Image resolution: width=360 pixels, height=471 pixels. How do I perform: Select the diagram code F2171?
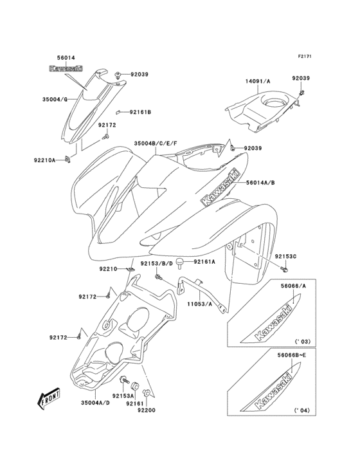305,57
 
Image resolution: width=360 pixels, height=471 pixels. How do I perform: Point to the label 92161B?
140,113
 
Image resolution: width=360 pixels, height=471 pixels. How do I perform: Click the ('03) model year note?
303,340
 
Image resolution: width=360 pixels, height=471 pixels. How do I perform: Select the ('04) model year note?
303,410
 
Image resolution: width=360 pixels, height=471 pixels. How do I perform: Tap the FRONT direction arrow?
50,401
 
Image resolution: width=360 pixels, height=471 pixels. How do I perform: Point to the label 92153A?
123,396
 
